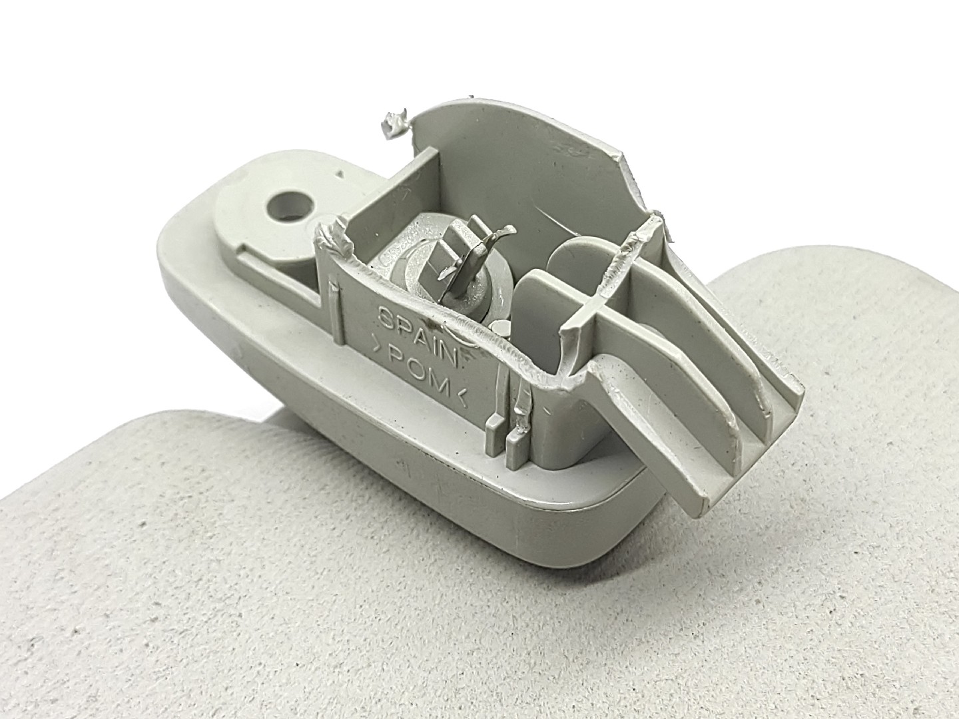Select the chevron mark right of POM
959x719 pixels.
(x=462, y=395)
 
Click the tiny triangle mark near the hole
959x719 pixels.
(x=338, y=174)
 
